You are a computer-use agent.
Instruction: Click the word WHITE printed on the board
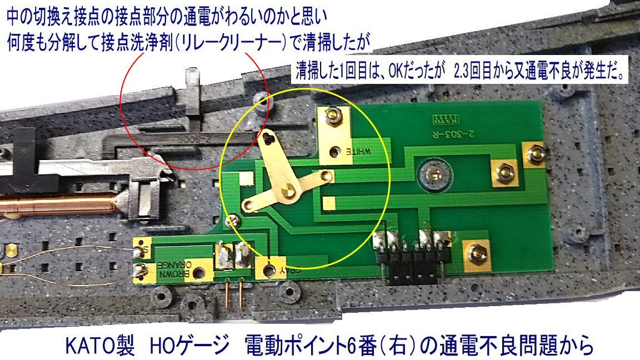[x=361, y=150]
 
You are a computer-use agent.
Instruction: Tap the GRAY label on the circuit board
[x=291, y=270]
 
